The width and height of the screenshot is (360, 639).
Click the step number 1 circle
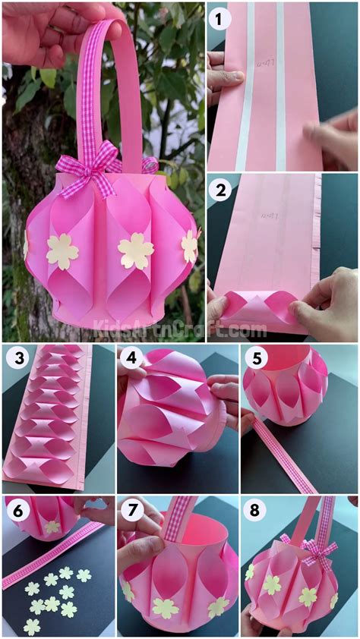(x=220, y=18)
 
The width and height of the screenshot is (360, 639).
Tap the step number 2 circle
(x=220, y=190)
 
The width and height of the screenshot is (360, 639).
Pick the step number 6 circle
(x=17, y=511)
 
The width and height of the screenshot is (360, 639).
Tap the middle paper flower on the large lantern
(x=136, y=250)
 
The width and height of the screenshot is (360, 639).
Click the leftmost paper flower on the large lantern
(x=62, y=251)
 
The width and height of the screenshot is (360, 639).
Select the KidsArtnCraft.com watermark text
(x=179, y=329)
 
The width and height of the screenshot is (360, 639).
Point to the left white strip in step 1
(x=245, y=83)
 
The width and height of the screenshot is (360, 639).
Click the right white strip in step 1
(x=279, y=83)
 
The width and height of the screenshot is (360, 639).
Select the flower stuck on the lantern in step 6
(x=52, y=526)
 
